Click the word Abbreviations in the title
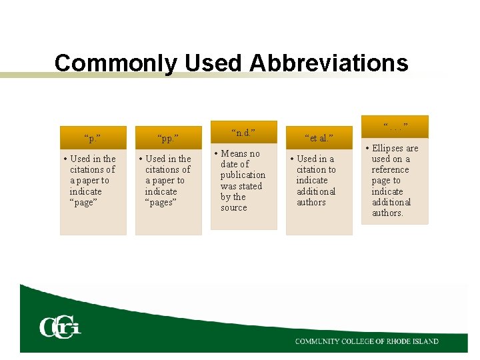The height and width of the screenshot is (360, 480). click(x=329, y=63)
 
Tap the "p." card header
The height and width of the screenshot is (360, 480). click(x=93, y=138)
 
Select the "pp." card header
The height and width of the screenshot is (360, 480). click(x=169, y=138)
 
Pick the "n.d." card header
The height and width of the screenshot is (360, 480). click(x=244, y=132)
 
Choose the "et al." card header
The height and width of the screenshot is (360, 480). click(x=319, y=138)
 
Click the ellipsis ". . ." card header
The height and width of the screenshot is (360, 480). click(x=395, y=127)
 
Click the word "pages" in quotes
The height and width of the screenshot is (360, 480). click(x=160, y=202)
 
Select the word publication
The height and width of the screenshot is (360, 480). click(x=243, y=175)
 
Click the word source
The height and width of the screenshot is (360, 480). click(x=234, y=208)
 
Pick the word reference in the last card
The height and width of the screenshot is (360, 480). click(x=391, y=170)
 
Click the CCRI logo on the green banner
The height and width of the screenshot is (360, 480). click(x=60, y=327)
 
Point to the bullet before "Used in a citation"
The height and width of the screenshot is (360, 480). click(x=292, y=159)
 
